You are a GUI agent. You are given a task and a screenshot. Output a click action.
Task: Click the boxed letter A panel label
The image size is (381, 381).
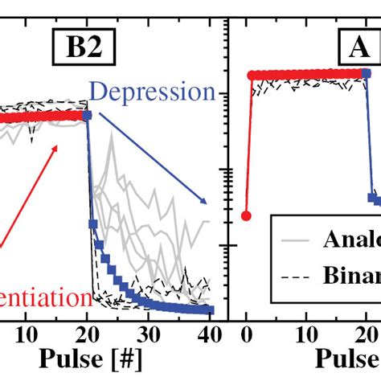358,50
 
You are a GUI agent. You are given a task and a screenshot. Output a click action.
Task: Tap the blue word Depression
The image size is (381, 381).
152,91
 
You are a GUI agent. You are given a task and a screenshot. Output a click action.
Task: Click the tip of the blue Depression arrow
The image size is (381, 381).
206,203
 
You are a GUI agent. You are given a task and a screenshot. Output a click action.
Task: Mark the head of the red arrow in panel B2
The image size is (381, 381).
59,145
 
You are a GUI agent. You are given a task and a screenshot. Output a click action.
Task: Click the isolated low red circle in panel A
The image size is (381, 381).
246,215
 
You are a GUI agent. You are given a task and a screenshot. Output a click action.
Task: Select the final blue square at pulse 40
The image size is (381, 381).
210,310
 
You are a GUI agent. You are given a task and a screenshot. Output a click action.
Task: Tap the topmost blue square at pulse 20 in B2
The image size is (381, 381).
87,116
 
